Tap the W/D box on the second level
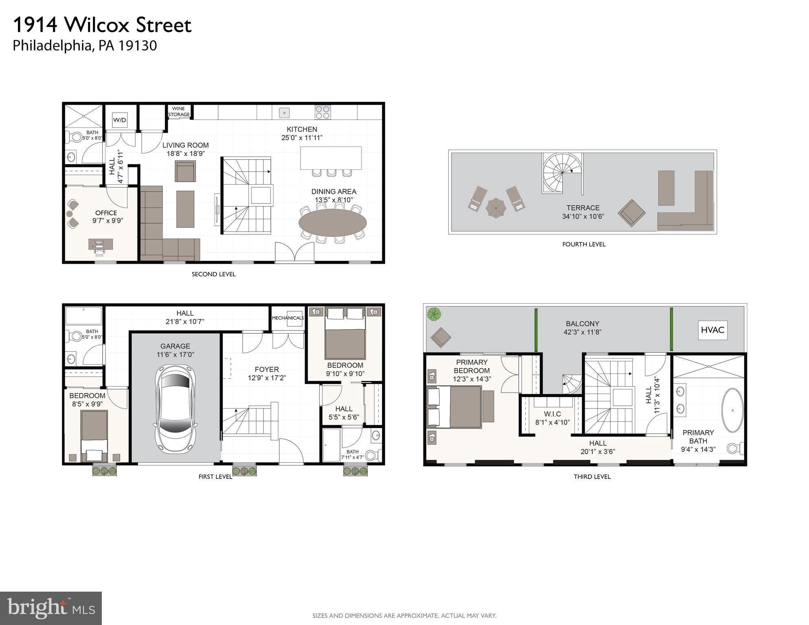pos(119,120)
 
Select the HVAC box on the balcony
pos(712,330)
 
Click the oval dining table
pos(333,222)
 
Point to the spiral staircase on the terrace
pos(561,172)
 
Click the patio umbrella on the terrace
pos(495,208)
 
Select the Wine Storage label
pos(179,111)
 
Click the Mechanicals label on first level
pos(287,318)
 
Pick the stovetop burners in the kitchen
pos(322,112)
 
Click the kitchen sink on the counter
pos(284,112)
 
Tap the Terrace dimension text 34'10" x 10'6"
pos(583,216)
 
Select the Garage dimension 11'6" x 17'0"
pos(175,354)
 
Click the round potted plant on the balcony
pos(434,314)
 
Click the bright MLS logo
pos(51,608)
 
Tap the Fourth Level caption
pos(583,244)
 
